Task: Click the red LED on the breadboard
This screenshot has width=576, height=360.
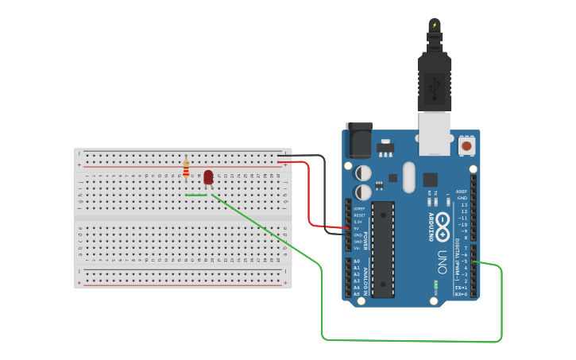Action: [x=208, y=176]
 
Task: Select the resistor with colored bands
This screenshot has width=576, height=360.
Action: [x=186, y=168]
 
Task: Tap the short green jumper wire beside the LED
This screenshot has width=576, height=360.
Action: [x=196, y=195]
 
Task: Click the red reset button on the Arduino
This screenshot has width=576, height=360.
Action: [x=467, y=146]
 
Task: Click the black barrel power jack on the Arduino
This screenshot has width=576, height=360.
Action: [x=358, y=141]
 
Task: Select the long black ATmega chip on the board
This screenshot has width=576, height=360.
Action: [x=383, y=249]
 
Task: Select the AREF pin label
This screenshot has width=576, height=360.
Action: [x=462, y=192]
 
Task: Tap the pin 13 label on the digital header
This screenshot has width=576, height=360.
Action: [x=464, y=204]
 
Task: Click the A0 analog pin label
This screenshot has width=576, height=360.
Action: [x=356, y=261]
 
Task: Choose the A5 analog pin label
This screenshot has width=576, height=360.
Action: [x=356, y=294]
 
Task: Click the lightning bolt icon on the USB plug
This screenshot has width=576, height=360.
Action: [x=434, y=25]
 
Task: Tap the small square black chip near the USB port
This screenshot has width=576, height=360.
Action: [x=431, y=180]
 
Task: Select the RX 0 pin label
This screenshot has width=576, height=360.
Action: [x=461, y=294]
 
